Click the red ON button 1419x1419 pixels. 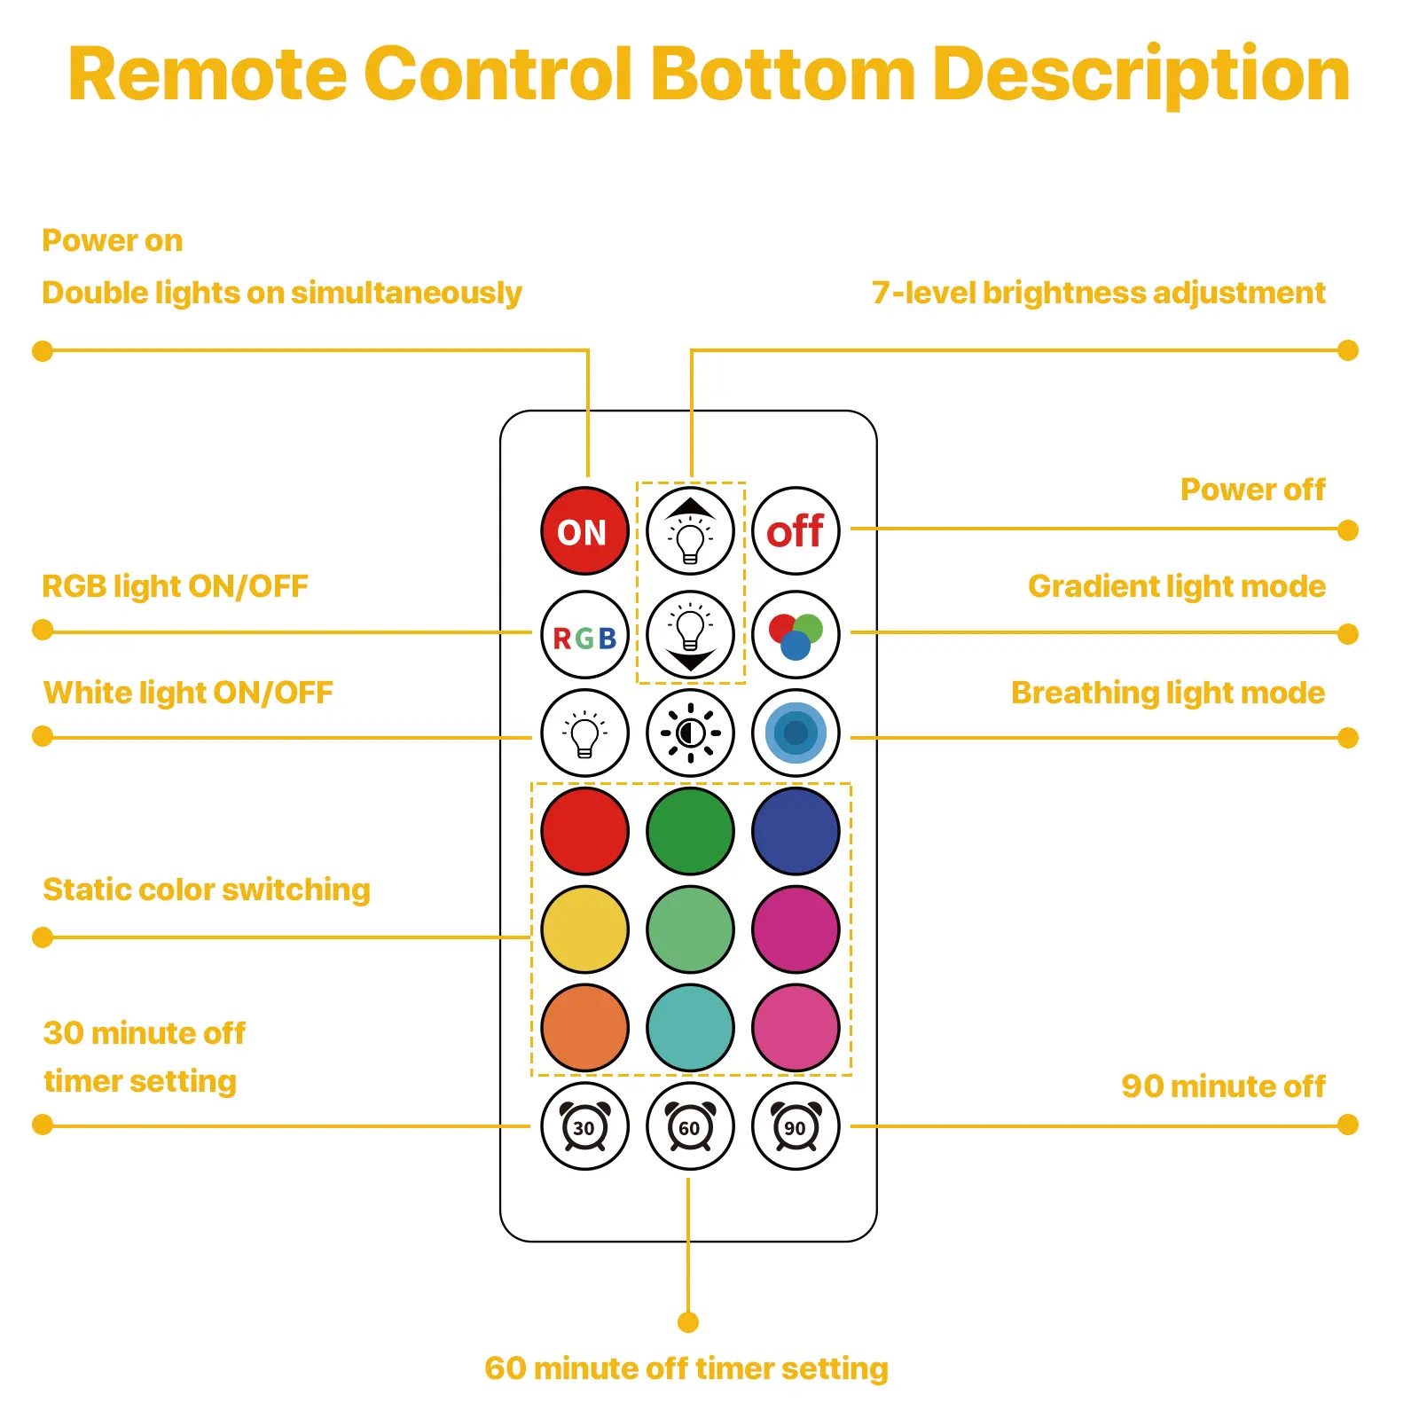(584, 531)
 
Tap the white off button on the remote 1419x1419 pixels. (796, 531)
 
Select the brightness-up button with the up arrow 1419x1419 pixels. (690, 531)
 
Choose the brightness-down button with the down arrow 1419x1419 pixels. (690, 635)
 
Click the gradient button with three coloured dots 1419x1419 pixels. (796, 635)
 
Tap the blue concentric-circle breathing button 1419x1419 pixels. (796, 733)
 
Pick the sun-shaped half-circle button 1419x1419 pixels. (690, 733)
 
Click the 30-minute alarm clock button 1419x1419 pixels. (584, 1126)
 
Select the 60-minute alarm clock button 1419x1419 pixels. (690, 1126)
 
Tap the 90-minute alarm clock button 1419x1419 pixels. (796, 1126)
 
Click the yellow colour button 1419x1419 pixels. (584, 929)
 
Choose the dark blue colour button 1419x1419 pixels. (796, 831)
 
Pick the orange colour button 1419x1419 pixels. (584, 1028)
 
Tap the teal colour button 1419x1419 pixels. (690, 1028)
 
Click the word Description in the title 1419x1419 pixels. (1141, 74)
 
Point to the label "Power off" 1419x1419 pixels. (1252, 490)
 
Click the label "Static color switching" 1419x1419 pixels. (207, 890)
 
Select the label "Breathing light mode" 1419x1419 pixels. (1167, 693)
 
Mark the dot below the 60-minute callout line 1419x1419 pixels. (688, 1322)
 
